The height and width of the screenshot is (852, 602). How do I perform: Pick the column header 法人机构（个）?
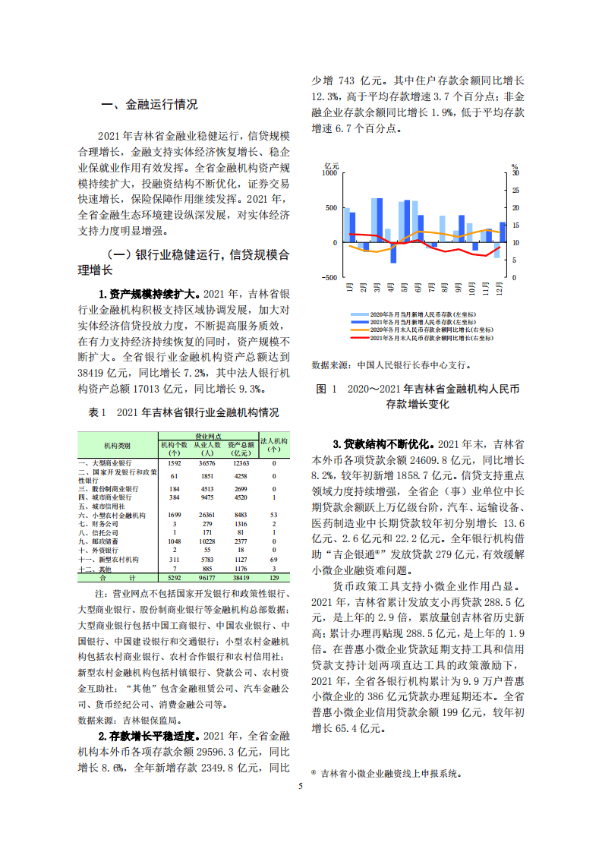pos(274,444)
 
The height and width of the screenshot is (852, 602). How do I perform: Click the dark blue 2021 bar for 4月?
pos(393,252)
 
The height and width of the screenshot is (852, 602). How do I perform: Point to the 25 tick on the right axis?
pos(516,191)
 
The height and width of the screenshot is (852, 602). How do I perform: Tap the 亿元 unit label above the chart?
pos(332,165)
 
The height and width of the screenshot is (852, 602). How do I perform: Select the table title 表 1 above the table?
pos(183,412)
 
